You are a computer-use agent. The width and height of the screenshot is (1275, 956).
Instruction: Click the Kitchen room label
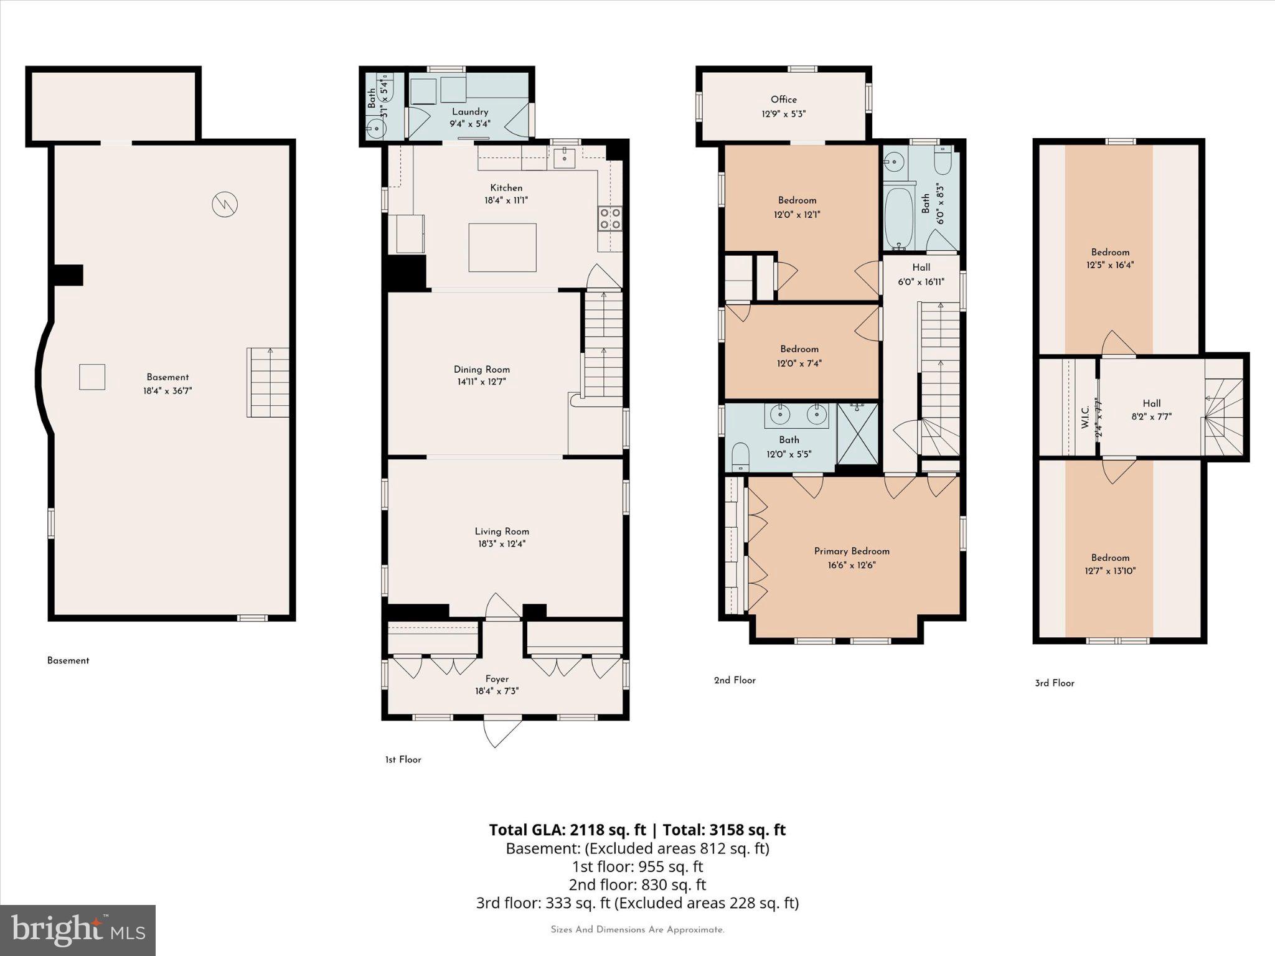coord(506,188)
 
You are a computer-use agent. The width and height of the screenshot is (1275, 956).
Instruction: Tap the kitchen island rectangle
coord(502,248)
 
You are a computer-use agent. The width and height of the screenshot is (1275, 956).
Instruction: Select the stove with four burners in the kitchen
coord(609,218)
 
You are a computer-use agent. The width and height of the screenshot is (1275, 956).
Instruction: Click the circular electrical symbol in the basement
coord(225,204)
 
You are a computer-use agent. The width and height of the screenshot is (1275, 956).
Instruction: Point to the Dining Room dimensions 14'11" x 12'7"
coord(481,382)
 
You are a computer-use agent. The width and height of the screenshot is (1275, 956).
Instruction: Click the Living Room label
coord(502,532)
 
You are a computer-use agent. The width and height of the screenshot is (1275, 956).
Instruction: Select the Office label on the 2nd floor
coord(783,100)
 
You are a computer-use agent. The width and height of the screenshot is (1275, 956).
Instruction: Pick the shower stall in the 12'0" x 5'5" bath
coord(857,434)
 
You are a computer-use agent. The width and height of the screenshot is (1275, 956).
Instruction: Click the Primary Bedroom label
coord(851,551)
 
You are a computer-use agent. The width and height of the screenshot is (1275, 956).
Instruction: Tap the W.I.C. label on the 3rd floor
coord(1084,417)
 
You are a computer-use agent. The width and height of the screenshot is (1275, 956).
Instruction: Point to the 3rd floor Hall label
coord(1151,403)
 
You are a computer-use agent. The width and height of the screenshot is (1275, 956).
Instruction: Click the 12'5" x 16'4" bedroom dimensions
coord(1110,265)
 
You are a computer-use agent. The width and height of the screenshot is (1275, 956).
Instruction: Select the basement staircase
coord(268,382)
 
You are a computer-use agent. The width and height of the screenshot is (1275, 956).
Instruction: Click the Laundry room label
coord(469,112)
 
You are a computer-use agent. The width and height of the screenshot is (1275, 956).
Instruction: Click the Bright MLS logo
coord(77,930)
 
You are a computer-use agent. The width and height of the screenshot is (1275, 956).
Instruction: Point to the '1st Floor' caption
coord(403,760)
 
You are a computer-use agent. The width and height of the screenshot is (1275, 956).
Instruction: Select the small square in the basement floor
coord(92,377)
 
